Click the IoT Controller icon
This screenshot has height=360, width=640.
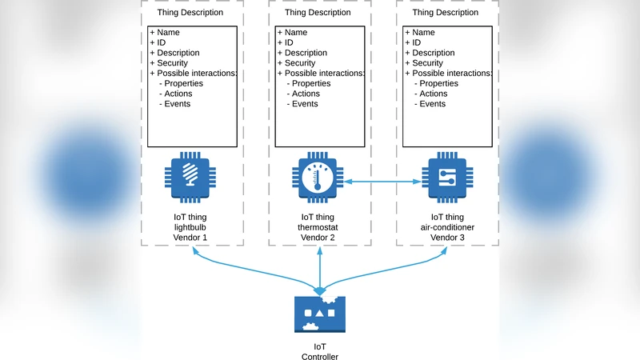click(319, 314)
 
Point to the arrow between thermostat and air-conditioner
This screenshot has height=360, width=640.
click(383, 182)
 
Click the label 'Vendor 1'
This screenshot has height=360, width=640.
click(190, 238)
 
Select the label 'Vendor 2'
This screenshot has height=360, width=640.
click(319, 238)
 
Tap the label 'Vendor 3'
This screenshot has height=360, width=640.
click(447, 238)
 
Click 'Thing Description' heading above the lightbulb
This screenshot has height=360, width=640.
click(190, 13)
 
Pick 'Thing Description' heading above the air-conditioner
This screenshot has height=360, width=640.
click(446, 13)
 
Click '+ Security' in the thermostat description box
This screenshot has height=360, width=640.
click(297, 63)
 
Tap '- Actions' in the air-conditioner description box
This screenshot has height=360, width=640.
click(433, 94)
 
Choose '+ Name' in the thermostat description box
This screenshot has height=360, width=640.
click(292, 33)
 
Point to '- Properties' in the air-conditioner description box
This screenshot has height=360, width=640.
click(436, 83)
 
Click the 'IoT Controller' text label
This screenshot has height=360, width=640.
click(319, 352)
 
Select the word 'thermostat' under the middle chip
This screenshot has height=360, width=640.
click(319, 227)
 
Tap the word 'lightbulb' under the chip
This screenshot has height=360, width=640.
click(190, 227)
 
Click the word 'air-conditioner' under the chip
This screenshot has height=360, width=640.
click(447, 227)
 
